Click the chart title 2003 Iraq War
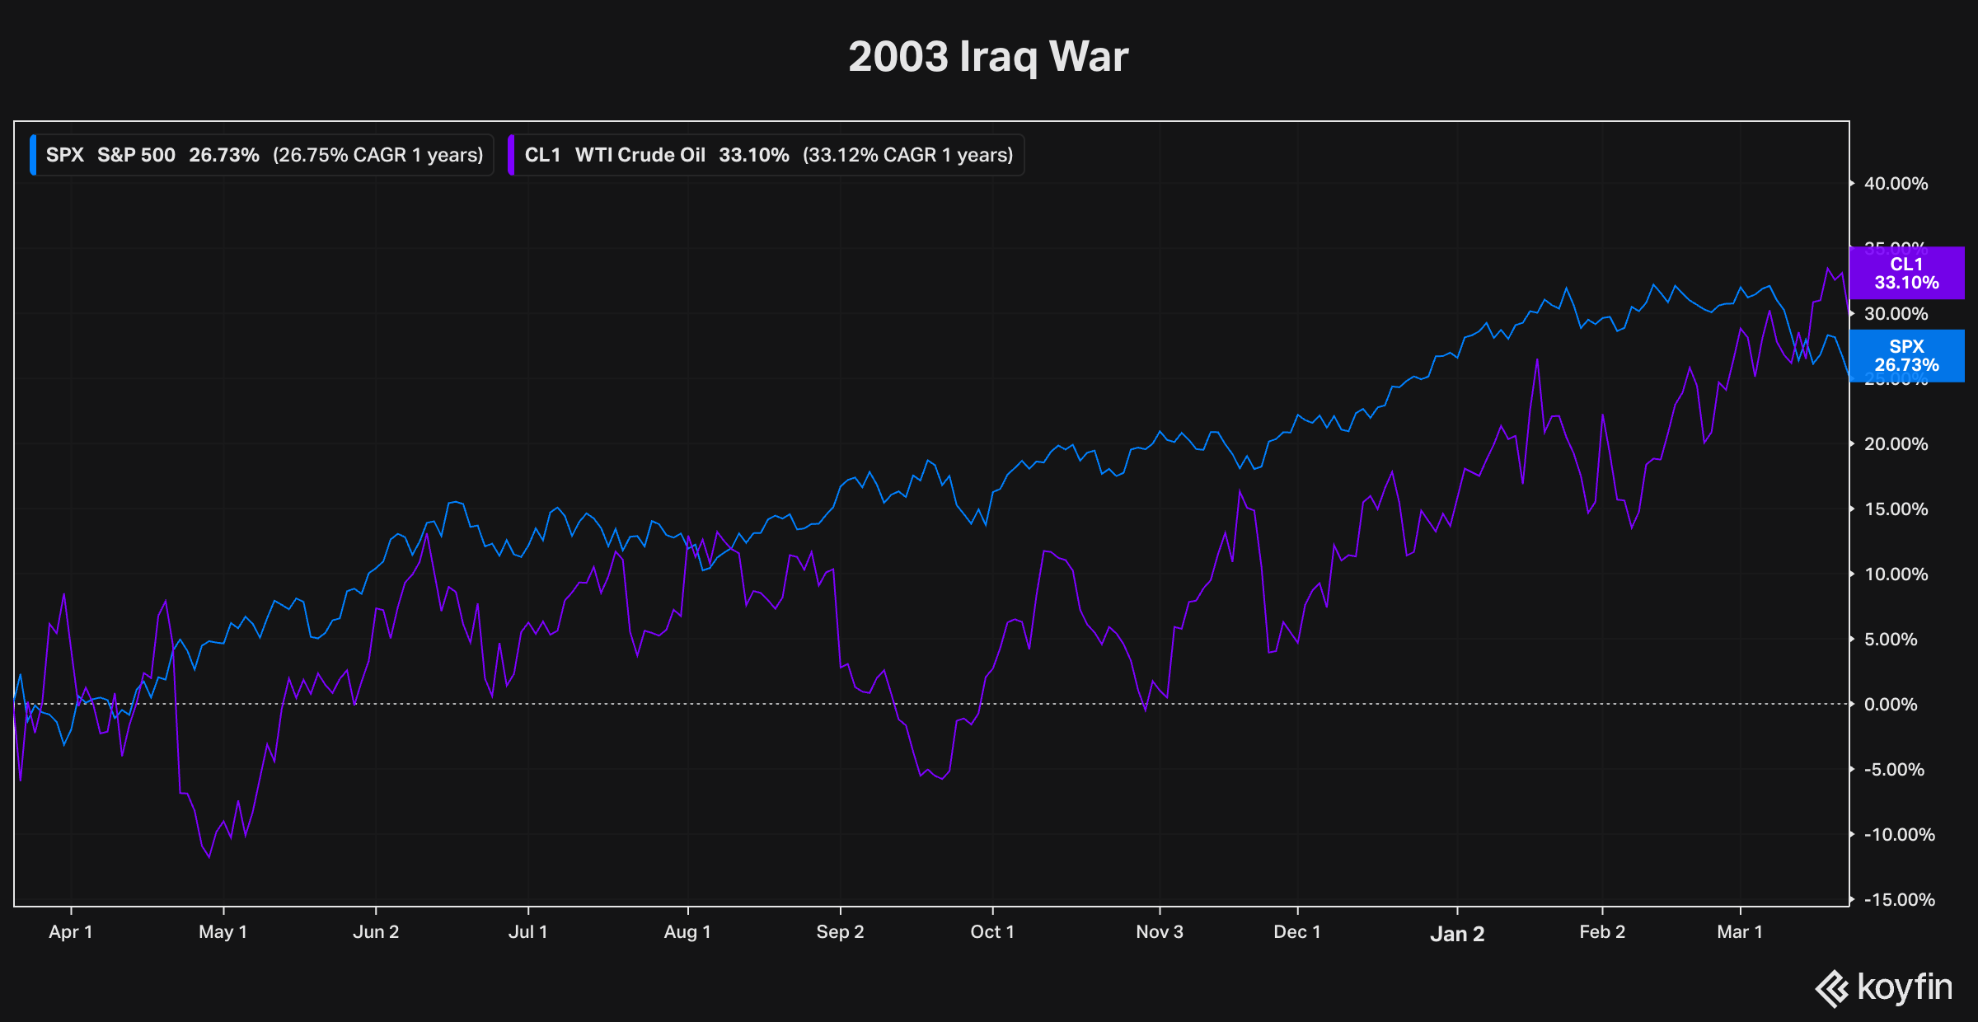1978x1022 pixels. [988, 57]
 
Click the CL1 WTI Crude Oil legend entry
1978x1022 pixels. [766, 155]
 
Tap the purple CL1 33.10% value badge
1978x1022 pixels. [1905, 273]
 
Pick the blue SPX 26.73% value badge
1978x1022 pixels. [1905, 356]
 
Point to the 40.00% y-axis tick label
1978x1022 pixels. [1896, 184]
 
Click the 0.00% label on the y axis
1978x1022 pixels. [1890, 705]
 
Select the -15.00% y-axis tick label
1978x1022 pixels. [1899, 900]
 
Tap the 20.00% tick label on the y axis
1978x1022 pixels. [1896, 444]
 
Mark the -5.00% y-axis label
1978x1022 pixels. [1894, 770]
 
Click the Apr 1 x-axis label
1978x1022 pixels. [71, 932]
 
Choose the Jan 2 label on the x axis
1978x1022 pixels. [1457, 934]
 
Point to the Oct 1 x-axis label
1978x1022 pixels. [992, 932]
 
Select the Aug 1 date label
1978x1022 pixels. [687, 932]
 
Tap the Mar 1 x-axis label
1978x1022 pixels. [1740, 932]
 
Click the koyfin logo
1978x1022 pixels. [1884, 987]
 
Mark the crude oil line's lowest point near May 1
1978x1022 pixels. [209, 857]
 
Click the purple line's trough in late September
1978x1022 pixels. [942, 779]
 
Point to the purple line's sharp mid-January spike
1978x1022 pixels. [1537, 359]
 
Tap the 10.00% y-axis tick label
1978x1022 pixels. [1896, 574]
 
